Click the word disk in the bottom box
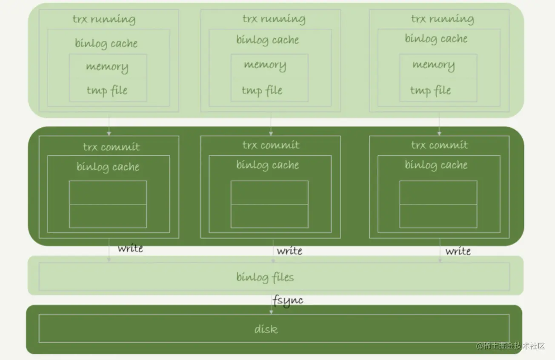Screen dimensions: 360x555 (266, 329)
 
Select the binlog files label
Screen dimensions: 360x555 (265, 277)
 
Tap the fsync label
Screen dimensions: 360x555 (288, 300)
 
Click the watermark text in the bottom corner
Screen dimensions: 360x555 (510, 346)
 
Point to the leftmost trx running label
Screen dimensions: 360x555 (104, 20)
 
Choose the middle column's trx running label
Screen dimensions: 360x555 (274, 19)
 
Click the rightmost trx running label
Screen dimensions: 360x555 (442, 19)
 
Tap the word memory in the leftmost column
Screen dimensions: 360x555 (107, 67)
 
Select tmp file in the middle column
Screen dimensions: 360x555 (262, 90)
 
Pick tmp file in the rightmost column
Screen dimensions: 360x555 (430, 90)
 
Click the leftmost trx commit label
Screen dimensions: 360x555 (111, 147)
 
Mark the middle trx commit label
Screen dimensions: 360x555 (271, 145)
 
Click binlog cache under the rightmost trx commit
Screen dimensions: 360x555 (436, 165)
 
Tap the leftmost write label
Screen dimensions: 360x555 (130, 248)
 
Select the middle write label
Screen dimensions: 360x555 (289, 251)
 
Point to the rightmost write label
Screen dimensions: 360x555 (458, 251)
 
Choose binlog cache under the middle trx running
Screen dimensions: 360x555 (268, 40)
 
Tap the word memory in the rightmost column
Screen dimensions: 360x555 (433, 65)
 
